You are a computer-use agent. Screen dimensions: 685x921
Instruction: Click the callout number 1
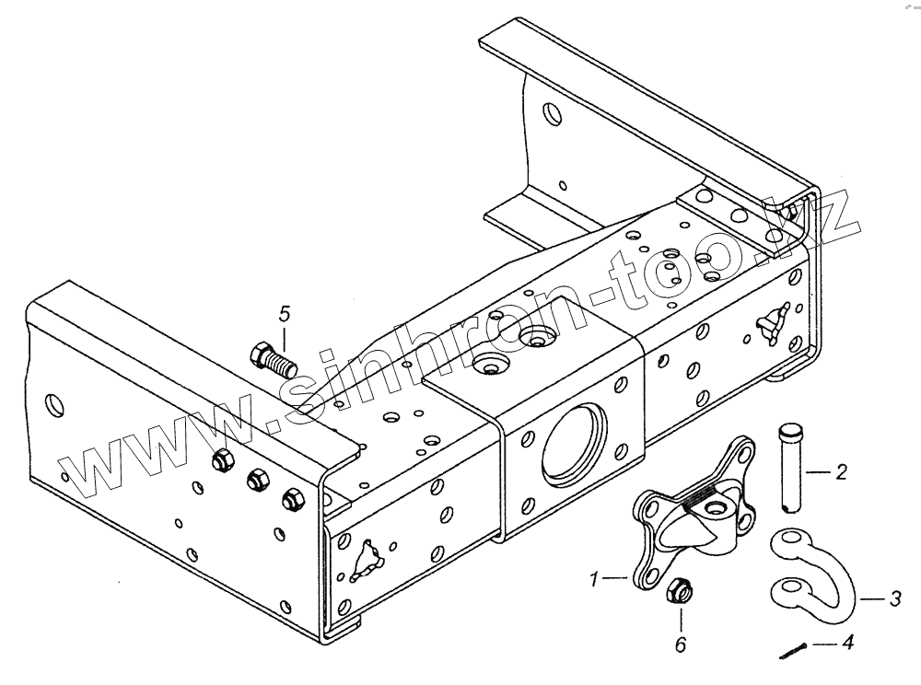[596, 580]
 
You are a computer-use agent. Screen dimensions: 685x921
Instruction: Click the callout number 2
[840, 473]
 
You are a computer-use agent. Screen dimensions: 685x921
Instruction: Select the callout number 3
[894, 599]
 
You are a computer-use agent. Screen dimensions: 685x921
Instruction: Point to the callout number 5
[284, 311]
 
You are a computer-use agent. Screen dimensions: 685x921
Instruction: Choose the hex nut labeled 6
[680, 592]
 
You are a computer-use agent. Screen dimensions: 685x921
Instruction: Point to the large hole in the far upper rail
[550, 114]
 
